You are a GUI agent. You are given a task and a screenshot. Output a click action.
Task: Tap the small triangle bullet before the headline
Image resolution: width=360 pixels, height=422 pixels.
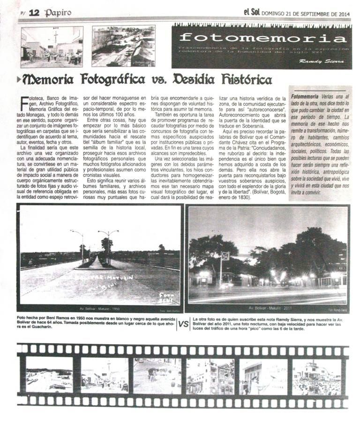point(18,79)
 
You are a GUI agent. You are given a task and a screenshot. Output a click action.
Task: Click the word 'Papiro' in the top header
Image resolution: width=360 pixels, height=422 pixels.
point(58,13)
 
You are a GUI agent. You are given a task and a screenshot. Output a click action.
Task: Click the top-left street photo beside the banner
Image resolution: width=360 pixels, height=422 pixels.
point(52,46)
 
